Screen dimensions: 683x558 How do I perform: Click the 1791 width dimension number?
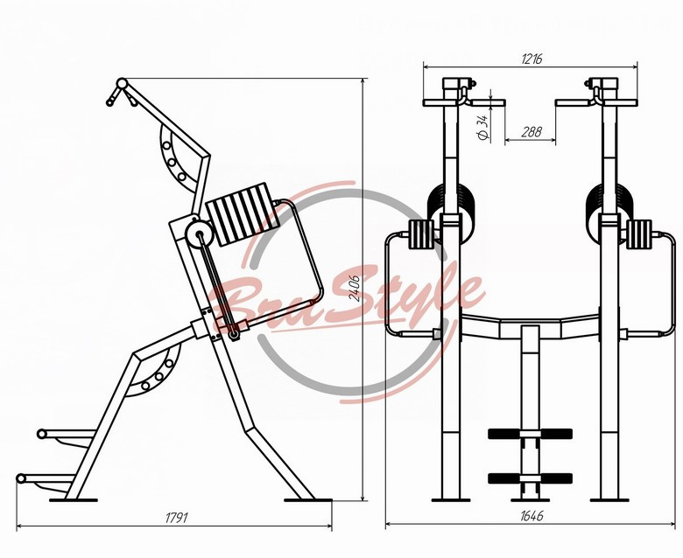176,518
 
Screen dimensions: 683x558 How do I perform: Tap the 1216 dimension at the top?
532,59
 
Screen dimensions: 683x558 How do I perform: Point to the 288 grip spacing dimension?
532,131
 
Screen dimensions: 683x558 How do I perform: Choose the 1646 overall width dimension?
532,516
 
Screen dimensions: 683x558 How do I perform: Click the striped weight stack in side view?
243,215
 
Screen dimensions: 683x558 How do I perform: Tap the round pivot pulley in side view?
200,234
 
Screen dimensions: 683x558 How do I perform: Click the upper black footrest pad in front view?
530,434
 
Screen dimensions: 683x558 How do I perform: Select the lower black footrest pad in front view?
530,478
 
